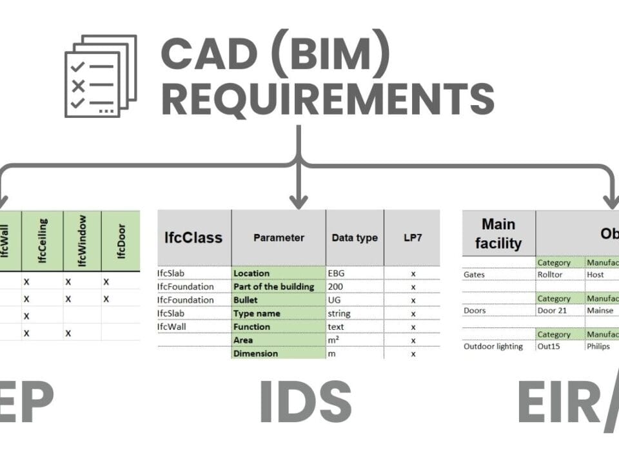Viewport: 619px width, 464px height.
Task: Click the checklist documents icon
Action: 101,75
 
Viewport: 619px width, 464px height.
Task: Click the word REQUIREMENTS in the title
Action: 328,98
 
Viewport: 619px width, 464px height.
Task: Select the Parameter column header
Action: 279,238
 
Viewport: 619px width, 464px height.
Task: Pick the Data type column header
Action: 355,238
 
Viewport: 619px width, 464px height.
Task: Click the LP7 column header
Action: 413,238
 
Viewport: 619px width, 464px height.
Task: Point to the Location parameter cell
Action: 251,273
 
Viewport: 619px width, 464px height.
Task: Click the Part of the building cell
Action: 274,287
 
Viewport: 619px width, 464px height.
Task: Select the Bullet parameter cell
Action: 246,300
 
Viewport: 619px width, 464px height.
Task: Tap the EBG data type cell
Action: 337,273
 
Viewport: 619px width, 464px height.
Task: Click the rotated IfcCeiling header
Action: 42,240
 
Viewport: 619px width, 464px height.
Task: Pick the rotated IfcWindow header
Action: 82,240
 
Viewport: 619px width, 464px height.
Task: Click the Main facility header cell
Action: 498,233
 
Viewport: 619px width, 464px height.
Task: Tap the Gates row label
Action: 475,275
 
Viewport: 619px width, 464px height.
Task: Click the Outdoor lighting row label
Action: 493,346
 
